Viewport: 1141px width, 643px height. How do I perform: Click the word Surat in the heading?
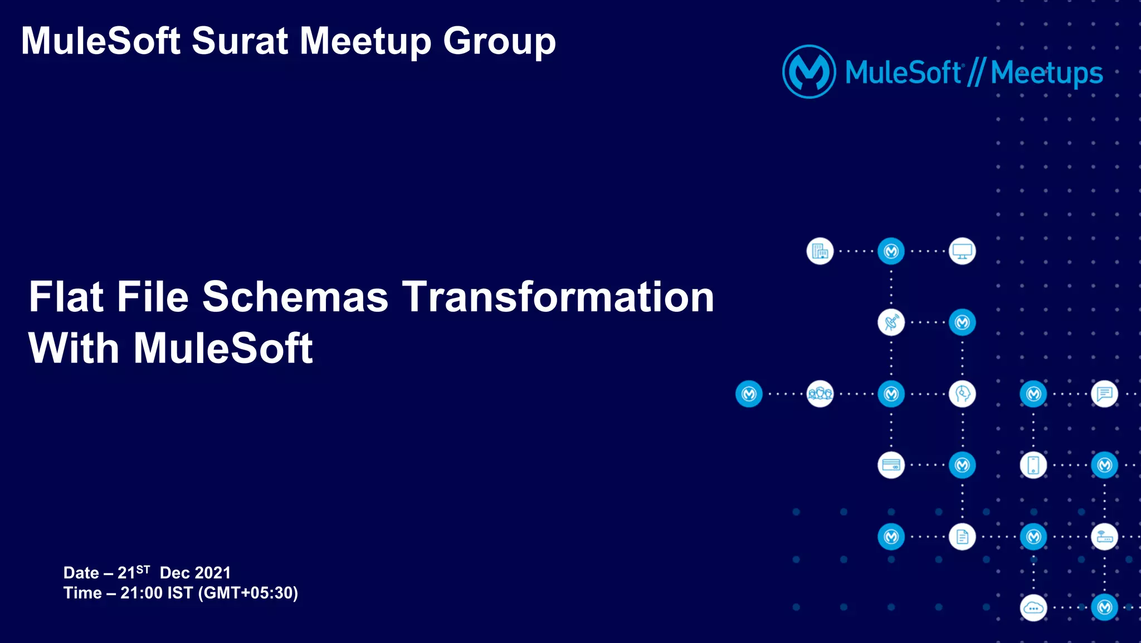[x=240, y=41]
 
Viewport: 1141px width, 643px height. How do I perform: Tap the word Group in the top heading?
[x=499, y=41]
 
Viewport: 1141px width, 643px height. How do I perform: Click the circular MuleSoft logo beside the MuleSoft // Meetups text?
[x=809, y=72]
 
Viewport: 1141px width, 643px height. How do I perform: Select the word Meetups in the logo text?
[x=1047, y=73]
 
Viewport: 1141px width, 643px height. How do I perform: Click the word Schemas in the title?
[x=295, y=297]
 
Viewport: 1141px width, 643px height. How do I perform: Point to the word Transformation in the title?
[x=558, y=297]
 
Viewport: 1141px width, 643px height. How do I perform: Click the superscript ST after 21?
[x=143, y=569]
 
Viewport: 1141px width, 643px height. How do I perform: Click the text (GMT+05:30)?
[x=248, y=593]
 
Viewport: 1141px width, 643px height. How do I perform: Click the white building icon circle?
[x=820, y=252]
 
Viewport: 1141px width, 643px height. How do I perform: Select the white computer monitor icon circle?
[x=962, y=252]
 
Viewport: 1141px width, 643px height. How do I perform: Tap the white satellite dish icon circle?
[x=891, y=323]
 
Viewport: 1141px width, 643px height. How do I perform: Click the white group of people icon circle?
[x=820, y=394]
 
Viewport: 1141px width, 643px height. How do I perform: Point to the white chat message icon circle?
[x=1104, y=394]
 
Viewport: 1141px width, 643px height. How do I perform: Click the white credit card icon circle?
[x=891, y=465]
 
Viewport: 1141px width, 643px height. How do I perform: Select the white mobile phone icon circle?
[x=1033, y=465]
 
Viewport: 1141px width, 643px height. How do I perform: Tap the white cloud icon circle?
[x=1033, y=608]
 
